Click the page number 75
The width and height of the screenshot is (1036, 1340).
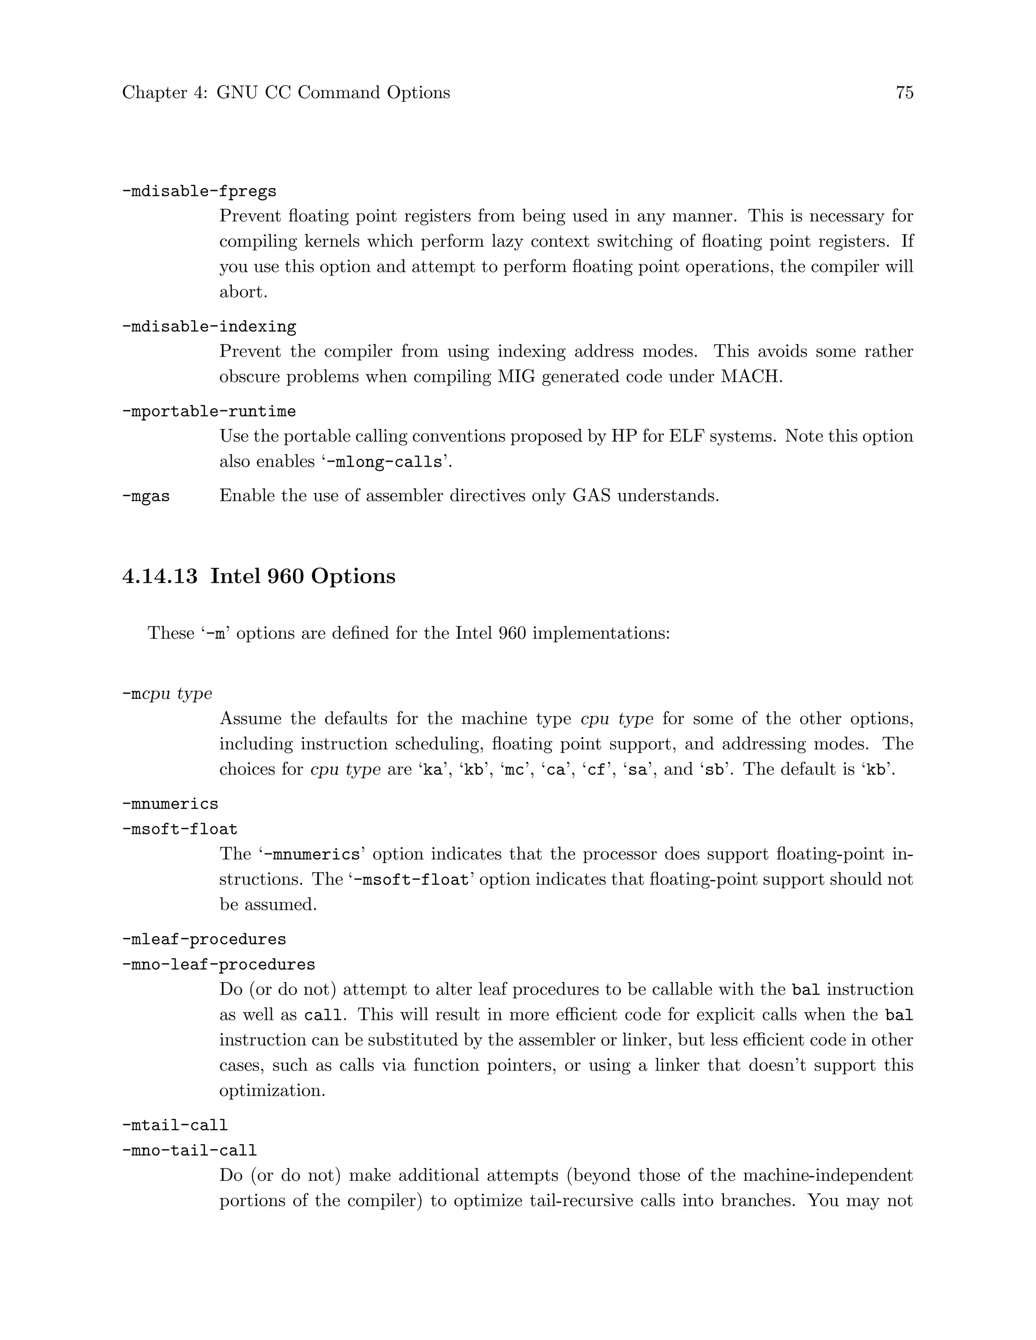click(x=904, y=93)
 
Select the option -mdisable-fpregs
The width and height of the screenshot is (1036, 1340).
click(x=199, y=192)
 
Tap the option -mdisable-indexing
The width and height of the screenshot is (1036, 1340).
click(x=209, y=327)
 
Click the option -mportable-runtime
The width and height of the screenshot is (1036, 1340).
click(x=209, y=411)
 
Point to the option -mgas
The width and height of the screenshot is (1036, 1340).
click(x=146, y=496)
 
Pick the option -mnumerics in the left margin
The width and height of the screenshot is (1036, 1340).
click(x=170, y=804)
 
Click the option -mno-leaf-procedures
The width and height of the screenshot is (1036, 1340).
click(x=219, y=964)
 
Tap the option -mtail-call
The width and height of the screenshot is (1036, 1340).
click(x=175, y=1125)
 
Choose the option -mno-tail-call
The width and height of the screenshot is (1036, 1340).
click(x=189, y=1150)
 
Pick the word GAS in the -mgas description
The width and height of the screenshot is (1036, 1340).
click(x=591, y=496)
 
